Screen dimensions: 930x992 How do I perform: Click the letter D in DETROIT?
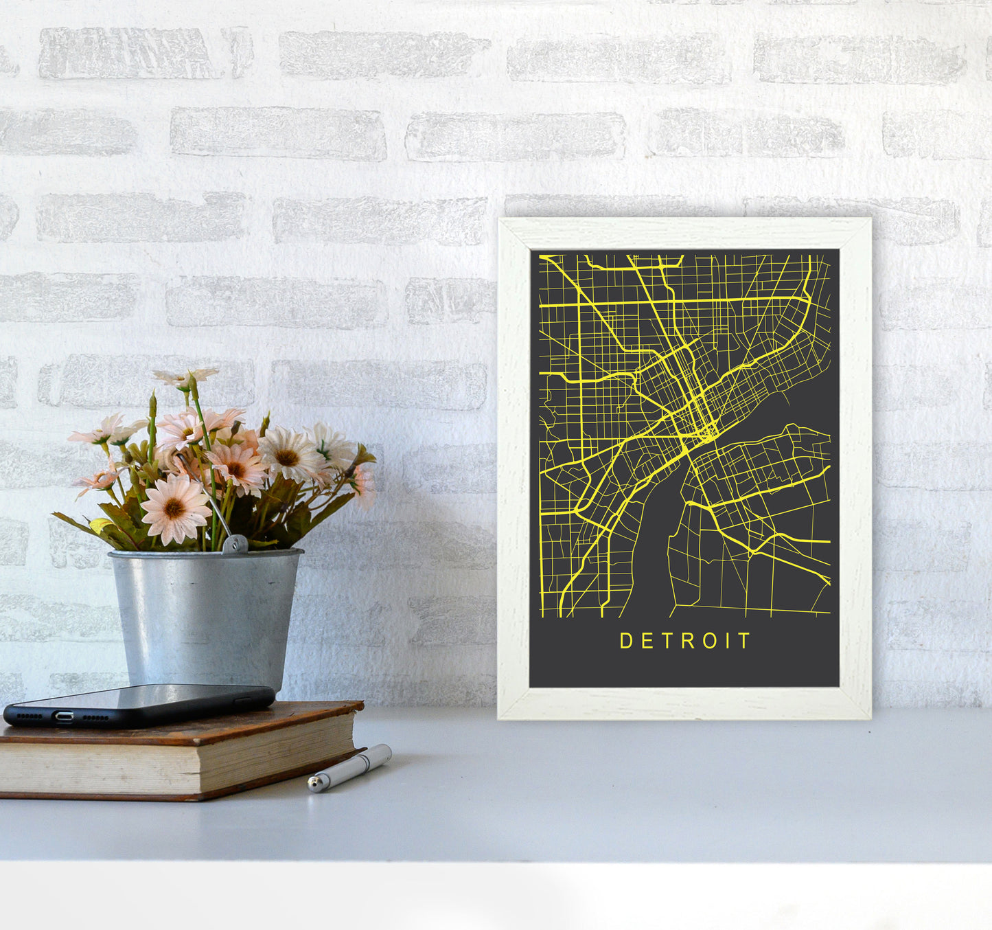click(625, 641)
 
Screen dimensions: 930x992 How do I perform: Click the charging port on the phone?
click(64, 717)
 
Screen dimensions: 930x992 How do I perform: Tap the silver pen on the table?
click(350, 767)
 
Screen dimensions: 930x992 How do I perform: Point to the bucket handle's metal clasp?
click(234, 545)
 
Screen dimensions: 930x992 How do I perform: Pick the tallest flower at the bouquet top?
click(186, 378)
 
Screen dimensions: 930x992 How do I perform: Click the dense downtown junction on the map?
click(705, 431)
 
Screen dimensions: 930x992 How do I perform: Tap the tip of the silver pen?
click(312, 784)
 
